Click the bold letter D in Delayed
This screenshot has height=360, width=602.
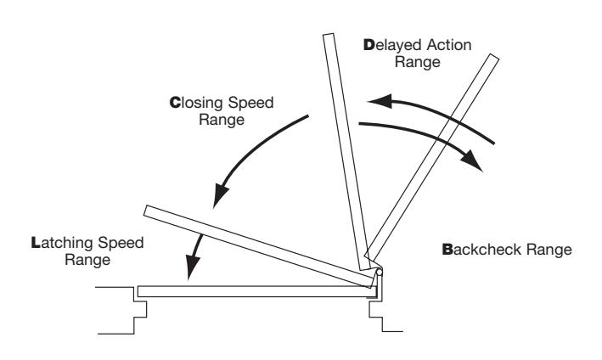(x=369, y=45)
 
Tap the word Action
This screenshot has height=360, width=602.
(x=449, y=45)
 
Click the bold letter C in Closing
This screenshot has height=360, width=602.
(x=175, y=103)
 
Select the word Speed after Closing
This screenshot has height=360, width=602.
(x=250, y=104)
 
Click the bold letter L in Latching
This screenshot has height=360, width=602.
(x=36, y=243)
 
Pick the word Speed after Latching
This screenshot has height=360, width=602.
(x=121, y=244)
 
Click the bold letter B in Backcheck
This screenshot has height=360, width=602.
(x=447, y=250)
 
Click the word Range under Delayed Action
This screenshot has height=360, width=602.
(x=418, y=63)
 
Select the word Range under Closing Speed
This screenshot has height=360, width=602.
(x=222, y=121)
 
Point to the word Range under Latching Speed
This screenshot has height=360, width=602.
(x=87, y=261)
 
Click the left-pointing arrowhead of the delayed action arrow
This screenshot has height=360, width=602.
(x=380, y=101)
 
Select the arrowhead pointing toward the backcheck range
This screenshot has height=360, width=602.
(x=472, y=160)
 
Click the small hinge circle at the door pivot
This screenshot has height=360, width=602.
(x=379, y=273)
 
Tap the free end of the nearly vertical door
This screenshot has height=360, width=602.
(x=329, y=35)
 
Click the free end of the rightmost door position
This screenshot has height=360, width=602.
(x=494, y=57)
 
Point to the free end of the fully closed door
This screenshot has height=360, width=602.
(x=138, y=291)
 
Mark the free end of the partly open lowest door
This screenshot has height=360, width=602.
(x=147, y=211)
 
